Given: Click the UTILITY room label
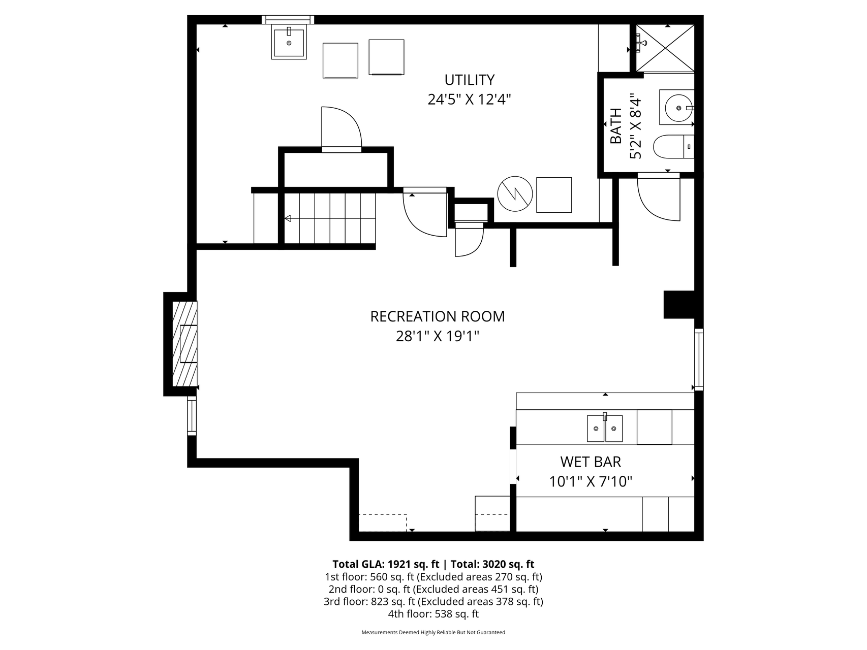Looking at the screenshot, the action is (x=469, y=80).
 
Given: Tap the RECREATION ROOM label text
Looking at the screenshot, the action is (x=438, y=316).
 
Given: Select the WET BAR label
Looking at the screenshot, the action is (x=591, y=462).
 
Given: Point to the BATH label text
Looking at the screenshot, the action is (x=616, y=126).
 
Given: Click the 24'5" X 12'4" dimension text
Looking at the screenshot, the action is (x=469, y=99).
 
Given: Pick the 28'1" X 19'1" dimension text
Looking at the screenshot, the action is (x=438, y=336).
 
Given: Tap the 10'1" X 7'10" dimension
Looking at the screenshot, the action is (x=591, y=481).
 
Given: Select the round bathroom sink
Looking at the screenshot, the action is (x=677, y=108).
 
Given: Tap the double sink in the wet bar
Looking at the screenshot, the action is (x=605, y=428).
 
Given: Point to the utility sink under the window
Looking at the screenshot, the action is (x=289, y=43).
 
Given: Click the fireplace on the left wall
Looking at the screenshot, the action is (x=185, y=343).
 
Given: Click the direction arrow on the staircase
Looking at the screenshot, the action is (x=330, y=218).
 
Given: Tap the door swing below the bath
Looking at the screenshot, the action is (x=659, y=199).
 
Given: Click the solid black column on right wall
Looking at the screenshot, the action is (x=679, y=305).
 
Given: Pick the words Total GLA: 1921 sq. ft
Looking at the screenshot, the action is (x=386, y=564).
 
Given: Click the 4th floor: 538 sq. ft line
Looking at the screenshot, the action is (x=433, y=614).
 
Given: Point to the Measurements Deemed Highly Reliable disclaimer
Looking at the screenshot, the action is (x=433, y=633).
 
